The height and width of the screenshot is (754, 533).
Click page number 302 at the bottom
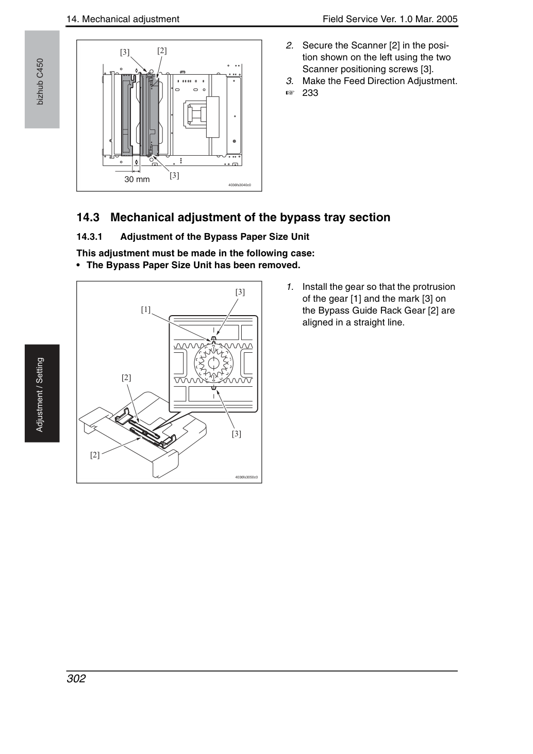(76, 678)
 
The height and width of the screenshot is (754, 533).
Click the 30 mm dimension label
(137, 179)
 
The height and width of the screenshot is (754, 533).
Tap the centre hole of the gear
(213, 364)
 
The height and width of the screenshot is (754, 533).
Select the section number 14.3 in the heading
(88, 218)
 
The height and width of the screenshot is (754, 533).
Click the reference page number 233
(310, 93)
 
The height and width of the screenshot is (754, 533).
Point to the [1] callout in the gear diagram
(146, 309)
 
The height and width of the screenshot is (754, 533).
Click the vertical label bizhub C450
(40, 82)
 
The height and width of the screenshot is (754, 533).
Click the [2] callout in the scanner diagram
(162, 51)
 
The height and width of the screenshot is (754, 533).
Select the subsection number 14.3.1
(90, 237)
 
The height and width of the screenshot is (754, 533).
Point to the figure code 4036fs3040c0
(240, 185)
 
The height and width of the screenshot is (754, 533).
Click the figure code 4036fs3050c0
(246, 477)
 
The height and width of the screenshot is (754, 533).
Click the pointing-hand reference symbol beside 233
(290, 93)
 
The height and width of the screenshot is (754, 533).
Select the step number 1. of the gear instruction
(290, 287)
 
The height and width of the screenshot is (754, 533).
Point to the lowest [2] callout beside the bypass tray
(95, 455)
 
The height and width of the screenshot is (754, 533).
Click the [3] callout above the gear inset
(240, 292)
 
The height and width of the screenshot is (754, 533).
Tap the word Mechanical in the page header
(106, 19)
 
